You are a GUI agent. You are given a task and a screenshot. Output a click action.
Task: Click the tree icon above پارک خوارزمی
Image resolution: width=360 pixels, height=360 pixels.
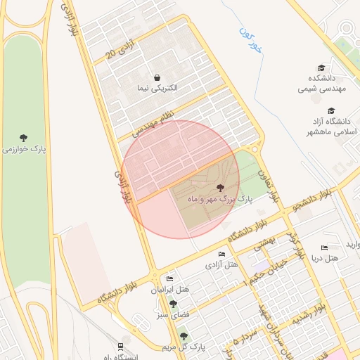[24, 137]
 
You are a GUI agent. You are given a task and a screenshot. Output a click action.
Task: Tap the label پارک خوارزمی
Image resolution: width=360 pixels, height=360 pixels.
[24, 149]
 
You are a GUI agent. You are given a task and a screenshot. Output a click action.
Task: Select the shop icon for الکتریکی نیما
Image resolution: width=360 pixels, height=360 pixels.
[157, 77]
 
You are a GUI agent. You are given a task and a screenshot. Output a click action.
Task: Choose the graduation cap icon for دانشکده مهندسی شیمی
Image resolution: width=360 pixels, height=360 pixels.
[321, 68]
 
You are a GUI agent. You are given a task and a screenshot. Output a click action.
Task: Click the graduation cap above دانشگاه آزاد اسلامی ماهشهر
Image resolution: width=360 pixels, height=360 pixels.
[330, 110]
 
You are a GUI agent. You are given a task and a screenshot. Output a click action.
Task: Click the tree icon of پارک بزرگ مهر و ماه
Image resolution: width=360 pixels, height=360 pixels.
[221, 188]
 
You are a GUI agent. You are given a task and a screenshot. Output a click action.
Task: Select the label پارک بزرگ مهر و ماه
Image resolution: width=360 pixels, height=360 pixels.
[219, 200]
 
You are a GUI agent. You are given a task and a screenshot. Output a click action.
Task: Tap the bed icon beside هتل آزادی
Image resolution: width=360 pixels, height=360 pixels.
[222, 254]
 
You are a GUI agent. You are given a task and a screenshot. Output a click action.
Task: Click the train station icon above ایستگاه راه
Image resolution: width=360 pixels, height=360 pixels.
[120, 347]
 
